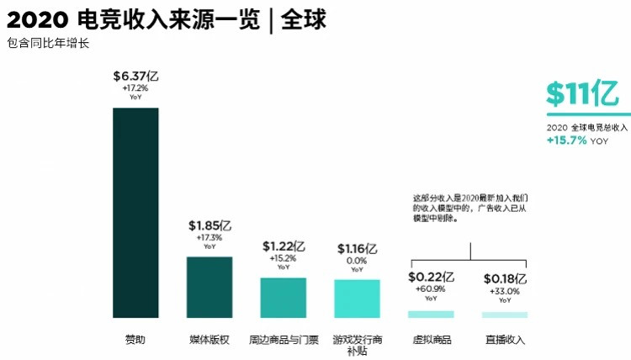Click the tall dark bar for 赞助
click(x=135, y=212)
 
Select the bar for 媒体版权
click(x=209, y=287)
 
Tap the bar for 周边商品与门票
click(x=283, y=298)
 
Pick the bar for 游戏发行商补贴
click(x=358, y=299)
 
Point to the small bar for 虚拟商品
click(x=431, y=314)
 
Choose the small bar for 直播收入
click(x=505, y=315)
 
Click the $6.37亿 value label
click(x=135, y=77)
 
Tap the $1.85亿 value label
click(x=209, y=226)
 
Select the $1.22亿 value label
click(x=284, y=246)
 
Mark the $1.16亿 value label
click(x=358, y=249)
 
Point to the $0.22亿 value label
click(x=431, y=278)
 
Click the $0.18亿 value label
click(x=505, y=279)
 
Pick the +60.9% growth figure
click(x=431, y=289)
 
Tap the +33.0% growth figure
click(x=505, y=291)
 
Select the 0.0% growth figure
click(x=358, y=261)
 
